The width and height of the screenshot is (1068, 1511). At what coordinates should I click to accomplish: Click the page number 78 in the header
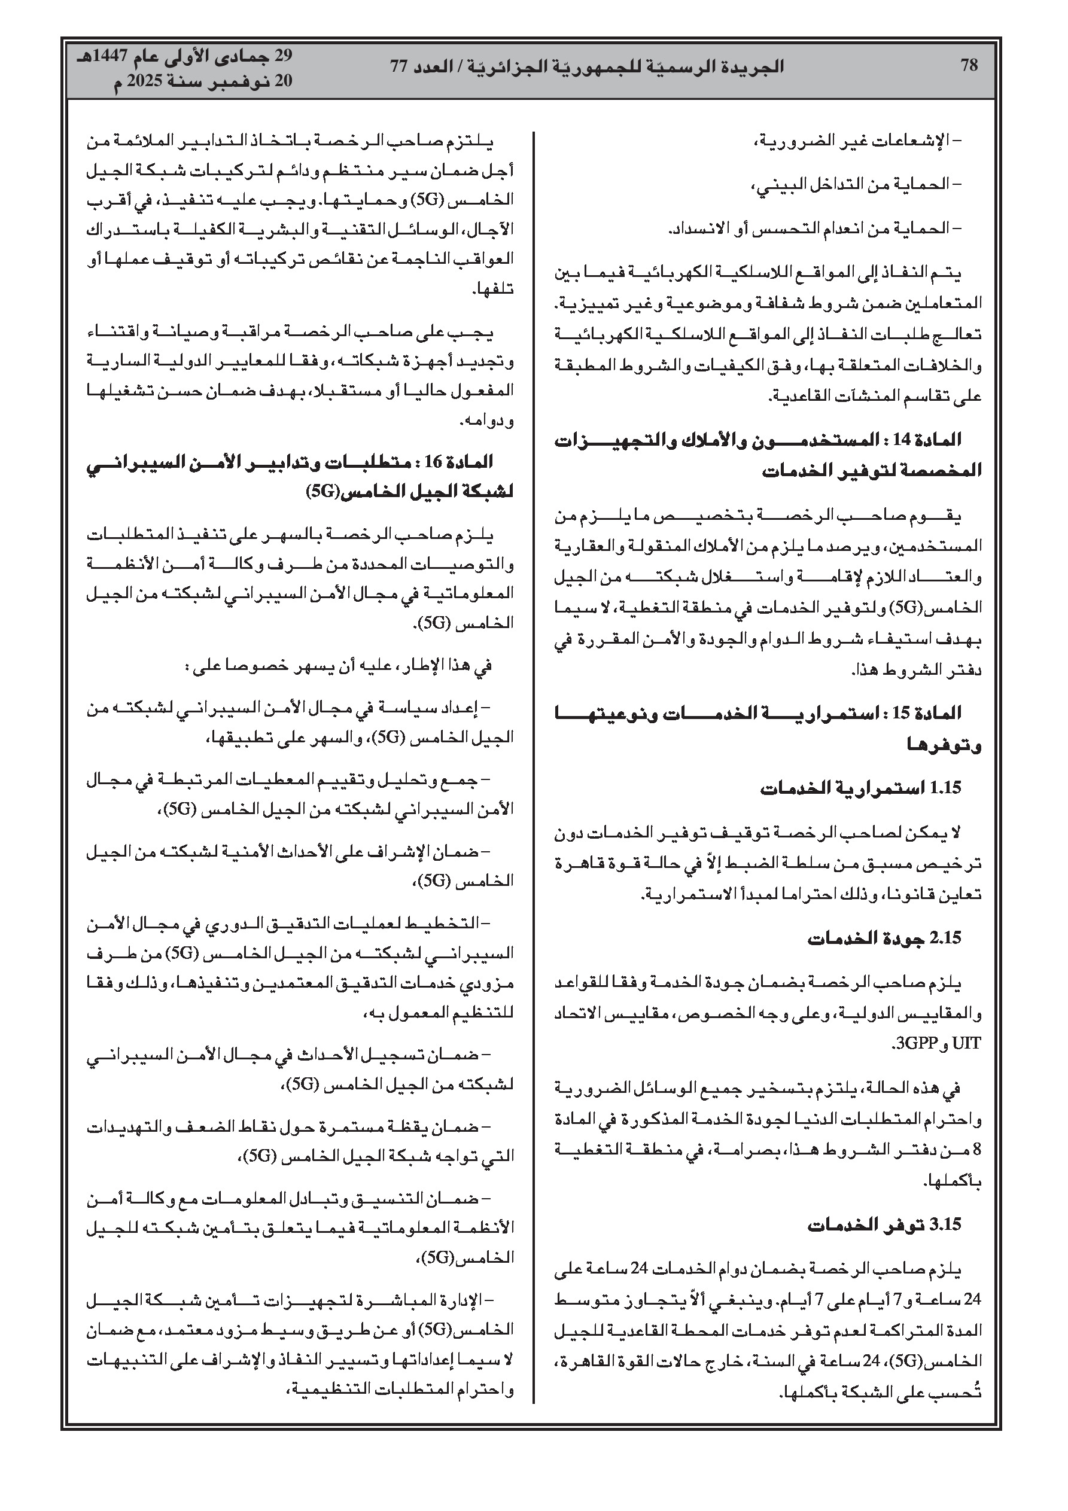[969, 65]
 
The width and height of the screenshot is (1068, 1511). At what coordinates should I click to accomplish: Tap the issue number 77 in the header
[400, 66]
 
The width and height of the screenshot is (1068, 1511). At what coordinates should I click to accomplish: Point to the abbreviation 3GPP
[913, 1043]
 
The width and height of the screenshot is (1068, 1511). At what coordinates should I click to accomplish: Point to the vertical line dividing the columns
[534, 724]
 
